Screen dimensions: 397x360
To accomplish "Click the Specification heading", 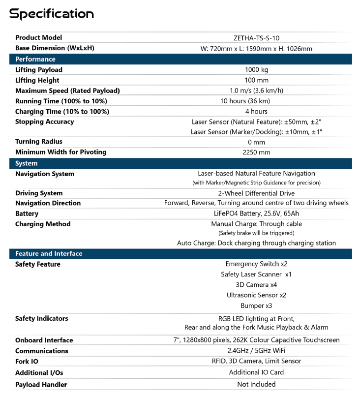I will point(52,14).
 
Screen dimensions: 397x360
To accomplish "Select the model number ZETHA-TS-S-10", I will point(256,38).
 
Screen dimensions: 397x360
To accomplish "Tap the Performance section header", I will point(35,59).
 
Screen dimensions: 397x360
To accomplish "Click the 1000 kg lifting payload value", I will point(256,70).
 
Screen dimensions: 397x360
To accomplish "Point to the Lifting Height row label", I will point(37,80).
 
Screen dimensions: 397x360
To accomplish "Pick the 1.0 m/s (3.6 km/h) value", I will point(256,91).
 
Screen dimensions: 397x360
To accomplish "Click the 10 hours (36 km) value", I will point(256,101).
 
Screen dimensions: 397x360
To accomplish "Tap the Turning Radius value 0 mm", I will point(256,142).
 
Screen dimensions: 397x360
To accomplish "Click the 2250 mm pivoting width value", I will point(256,153).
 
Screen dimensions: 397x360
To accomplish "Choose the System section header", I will point(27,163).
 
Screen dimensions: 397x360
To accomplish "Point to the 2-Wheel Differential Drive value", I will point(256,193).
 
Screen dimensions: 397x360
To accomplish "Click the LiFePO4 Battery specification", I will point(256,214).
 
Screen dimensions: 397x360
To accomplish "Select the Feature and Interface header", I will point(49,254).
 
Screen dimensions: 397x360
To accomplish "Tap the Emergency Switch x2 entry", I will point(256,264).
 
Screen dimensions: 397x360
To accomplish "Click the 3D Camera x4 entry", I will point(256,285).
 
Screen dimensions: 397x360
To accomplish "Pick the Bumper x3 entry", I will point(256,305).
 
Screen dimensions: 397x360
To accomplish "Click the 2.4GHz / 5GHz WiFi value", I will point(256,351).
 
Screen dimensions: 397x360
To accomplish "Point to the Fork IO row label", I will point(28,361).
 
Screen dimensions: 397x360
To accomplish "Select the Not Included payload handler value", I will point(256,384).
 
